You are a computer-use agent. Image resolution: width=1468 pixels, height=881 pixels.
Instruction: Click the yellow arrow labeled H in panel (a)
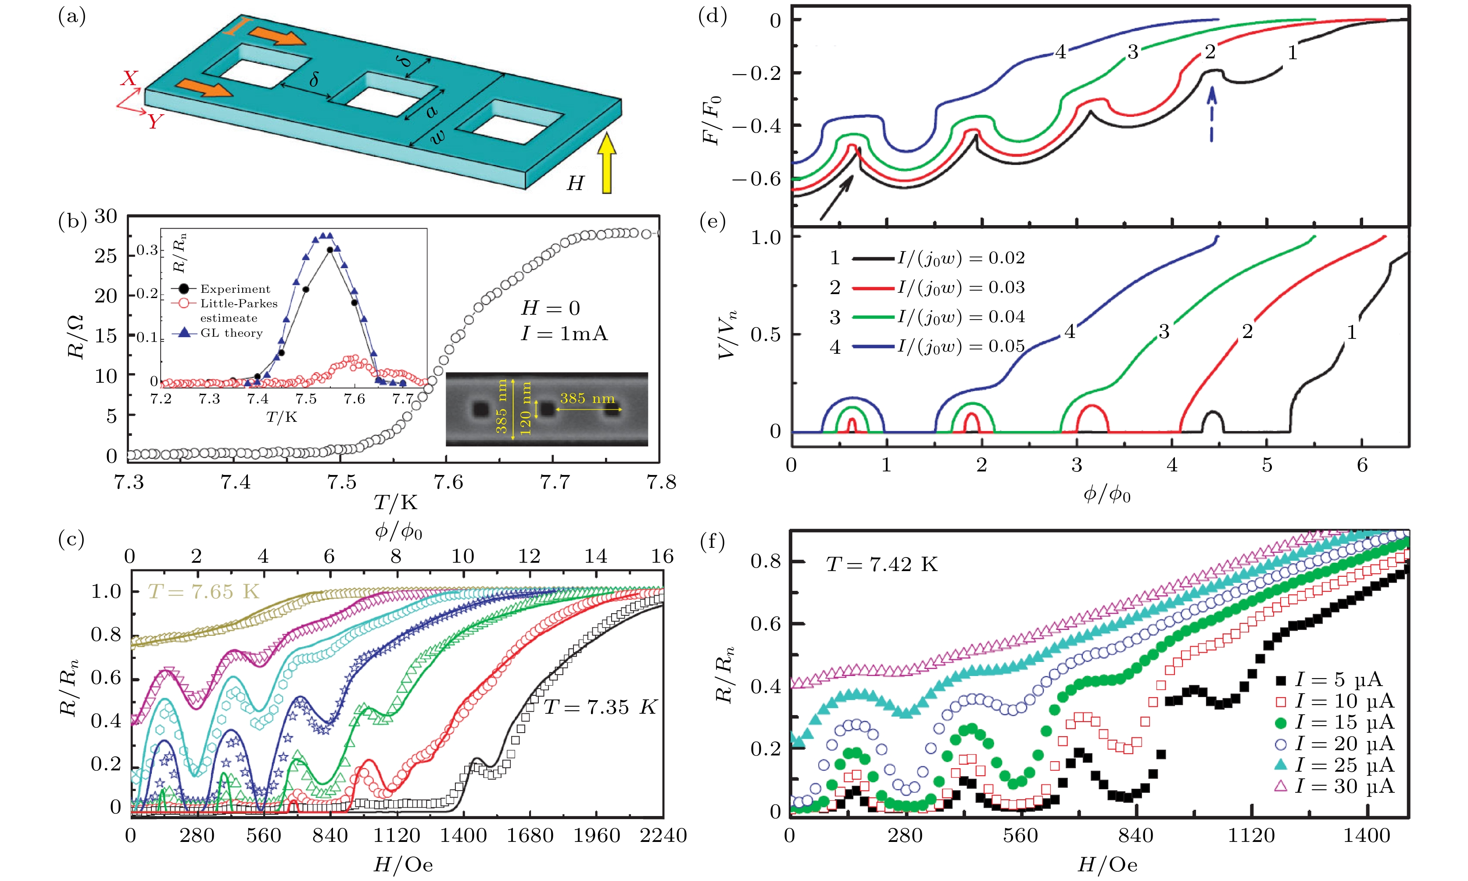click(x=606, y=163)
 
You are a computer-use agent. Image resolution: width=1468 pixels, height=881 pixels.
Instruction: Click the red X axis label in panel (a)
click(x=129, y=78)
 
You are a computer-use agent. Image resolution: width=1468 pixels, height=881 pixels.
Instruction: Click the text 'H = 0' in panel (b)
click(x=550, y=308)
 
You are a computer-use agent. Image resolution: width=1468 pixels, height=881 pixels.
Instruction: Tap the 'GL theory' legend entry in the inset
click(x=231, y=333)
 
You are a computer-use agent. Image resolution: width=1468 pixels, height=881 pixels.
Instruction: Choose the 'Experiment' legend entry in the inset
click(x=234, y=289)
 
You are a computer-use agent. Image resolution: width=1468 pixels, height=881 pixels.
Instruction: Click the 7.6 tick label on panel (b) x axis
click(x=448, y=482)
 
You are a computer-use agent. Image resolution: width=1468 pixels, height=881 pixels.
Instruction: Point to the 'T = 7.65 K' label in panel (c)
click(x=204, y=591)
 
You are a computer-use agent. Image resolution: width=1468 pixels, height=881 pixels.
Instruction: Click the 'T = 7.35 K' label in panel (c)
click(x=600, y=707)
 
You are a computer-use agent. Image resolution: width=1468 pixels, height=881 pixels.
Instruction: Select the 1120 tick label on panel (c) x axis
click(x=396, y=836)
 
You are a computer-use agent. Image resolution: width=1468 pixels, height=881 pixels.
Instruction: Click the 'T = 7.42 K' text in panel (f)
click(x=882, y=564)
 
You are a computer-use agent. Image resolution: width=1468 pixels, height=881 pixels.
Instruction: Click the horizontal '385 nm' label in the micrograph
click(x=587, y=398)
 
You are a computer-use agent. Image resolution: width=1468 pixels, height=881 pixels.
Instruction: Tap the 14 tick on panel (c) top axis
click(x=596, y=556)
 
